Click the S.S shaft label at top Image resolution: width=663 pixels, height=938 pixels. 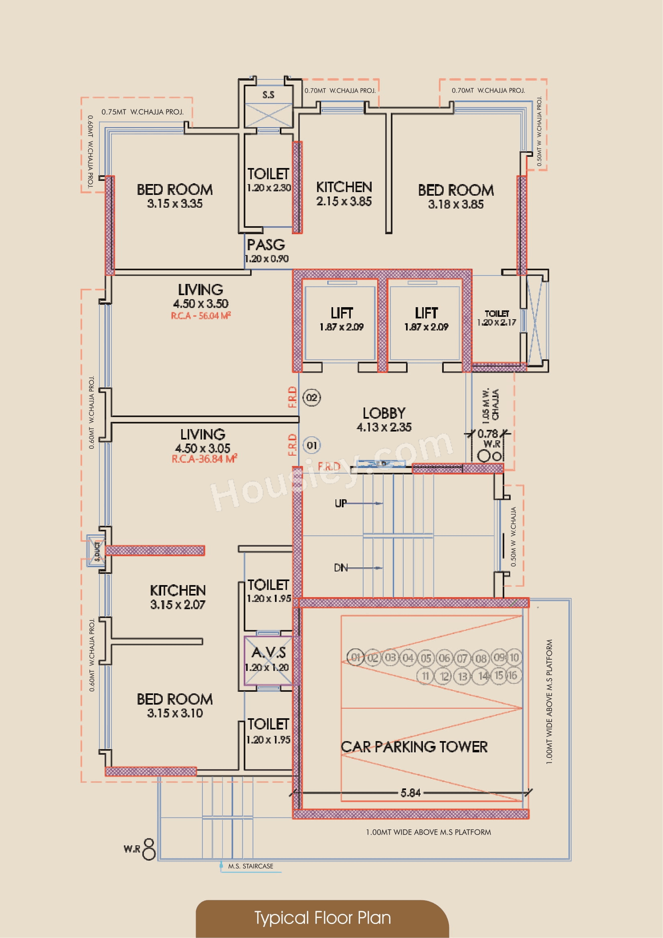pyautogui.click(x=268, y=95)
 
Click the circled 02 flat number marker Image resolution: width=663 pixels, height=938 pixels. pyautogui.click(x=311, y=397)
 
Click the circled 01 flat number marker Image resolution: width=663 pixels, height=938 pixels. pyautogui.click(x=311, y=445)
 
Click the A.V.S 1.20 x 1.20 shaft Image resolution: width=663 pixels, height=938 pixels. pyautogui.click(x=268, y=659)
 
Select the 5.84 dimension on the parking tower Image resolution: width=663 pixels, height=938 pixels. pyautogui.click(x=410, y=793)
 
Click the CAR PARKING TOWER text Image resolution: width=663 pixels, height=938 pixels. pyautogui.click(x=414, y=747)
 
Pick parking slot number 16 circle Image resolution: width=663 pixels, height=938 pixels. pyautogui.click(x=512, y=675)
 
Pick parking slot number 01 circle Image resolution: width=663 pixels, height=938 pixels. pyautogui.click(x=356, y=657)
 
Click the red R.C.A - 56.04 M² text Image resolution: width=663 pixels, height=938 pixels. pyautogui.click(x=201, y=315)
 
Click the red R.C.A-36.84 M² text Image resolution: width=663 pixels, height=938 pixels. pyautogui.click(x=204, y=459)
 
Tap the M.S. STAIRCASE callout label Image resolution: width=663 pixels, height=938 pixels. pyautogui.click(x=250, y=866)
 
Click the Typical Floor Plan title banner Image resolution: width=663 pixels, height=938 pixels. pyautogui.click(x=322, y=918)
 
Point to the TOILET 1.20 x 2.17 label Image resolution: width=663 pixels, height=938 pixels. pyautogui.click(x=496, y=318)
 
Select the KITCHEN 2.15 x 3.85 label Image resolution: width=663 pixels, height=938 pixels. pyautogui.click(x=344, y=194)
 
